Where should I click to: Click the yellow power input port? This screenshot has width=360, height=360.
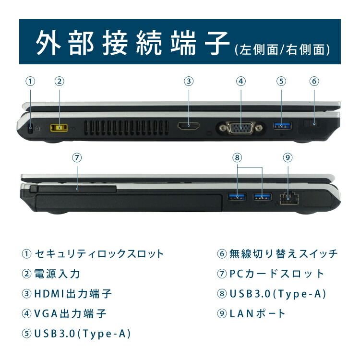click(x=59, y=127)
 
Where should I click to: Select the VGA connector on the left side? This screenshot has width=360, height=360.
click(x=240, y=128)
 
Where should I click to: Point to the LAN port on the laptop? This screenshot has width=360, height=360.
click(x=288, y=197)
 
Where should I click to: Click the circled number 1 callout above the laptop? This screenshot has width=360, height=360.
click(x=30, y=81)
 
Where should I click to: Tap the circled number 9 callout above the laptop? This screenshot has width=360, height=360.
click(x=287, y=157)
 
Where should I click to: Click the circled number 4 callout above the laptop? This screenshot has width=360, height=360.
click(x=240, y=81)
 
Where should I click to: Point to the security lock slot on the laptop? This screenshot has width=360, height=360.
click(x=31, y=128)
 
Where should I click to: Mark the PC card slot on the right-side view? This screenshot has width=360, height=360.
click(x=76, y=189)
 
